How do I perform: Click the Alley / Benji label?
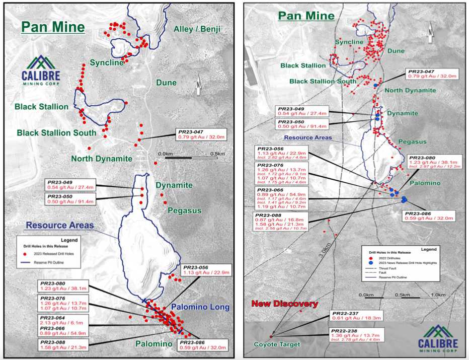point(197,29)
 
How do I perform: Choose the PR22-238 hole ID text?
point(346,331)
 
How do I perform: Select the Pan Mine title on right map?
point(306,16)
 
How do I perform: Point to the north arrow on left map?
point(199,87)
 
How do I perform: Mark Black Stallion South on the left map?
point(56,133)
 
